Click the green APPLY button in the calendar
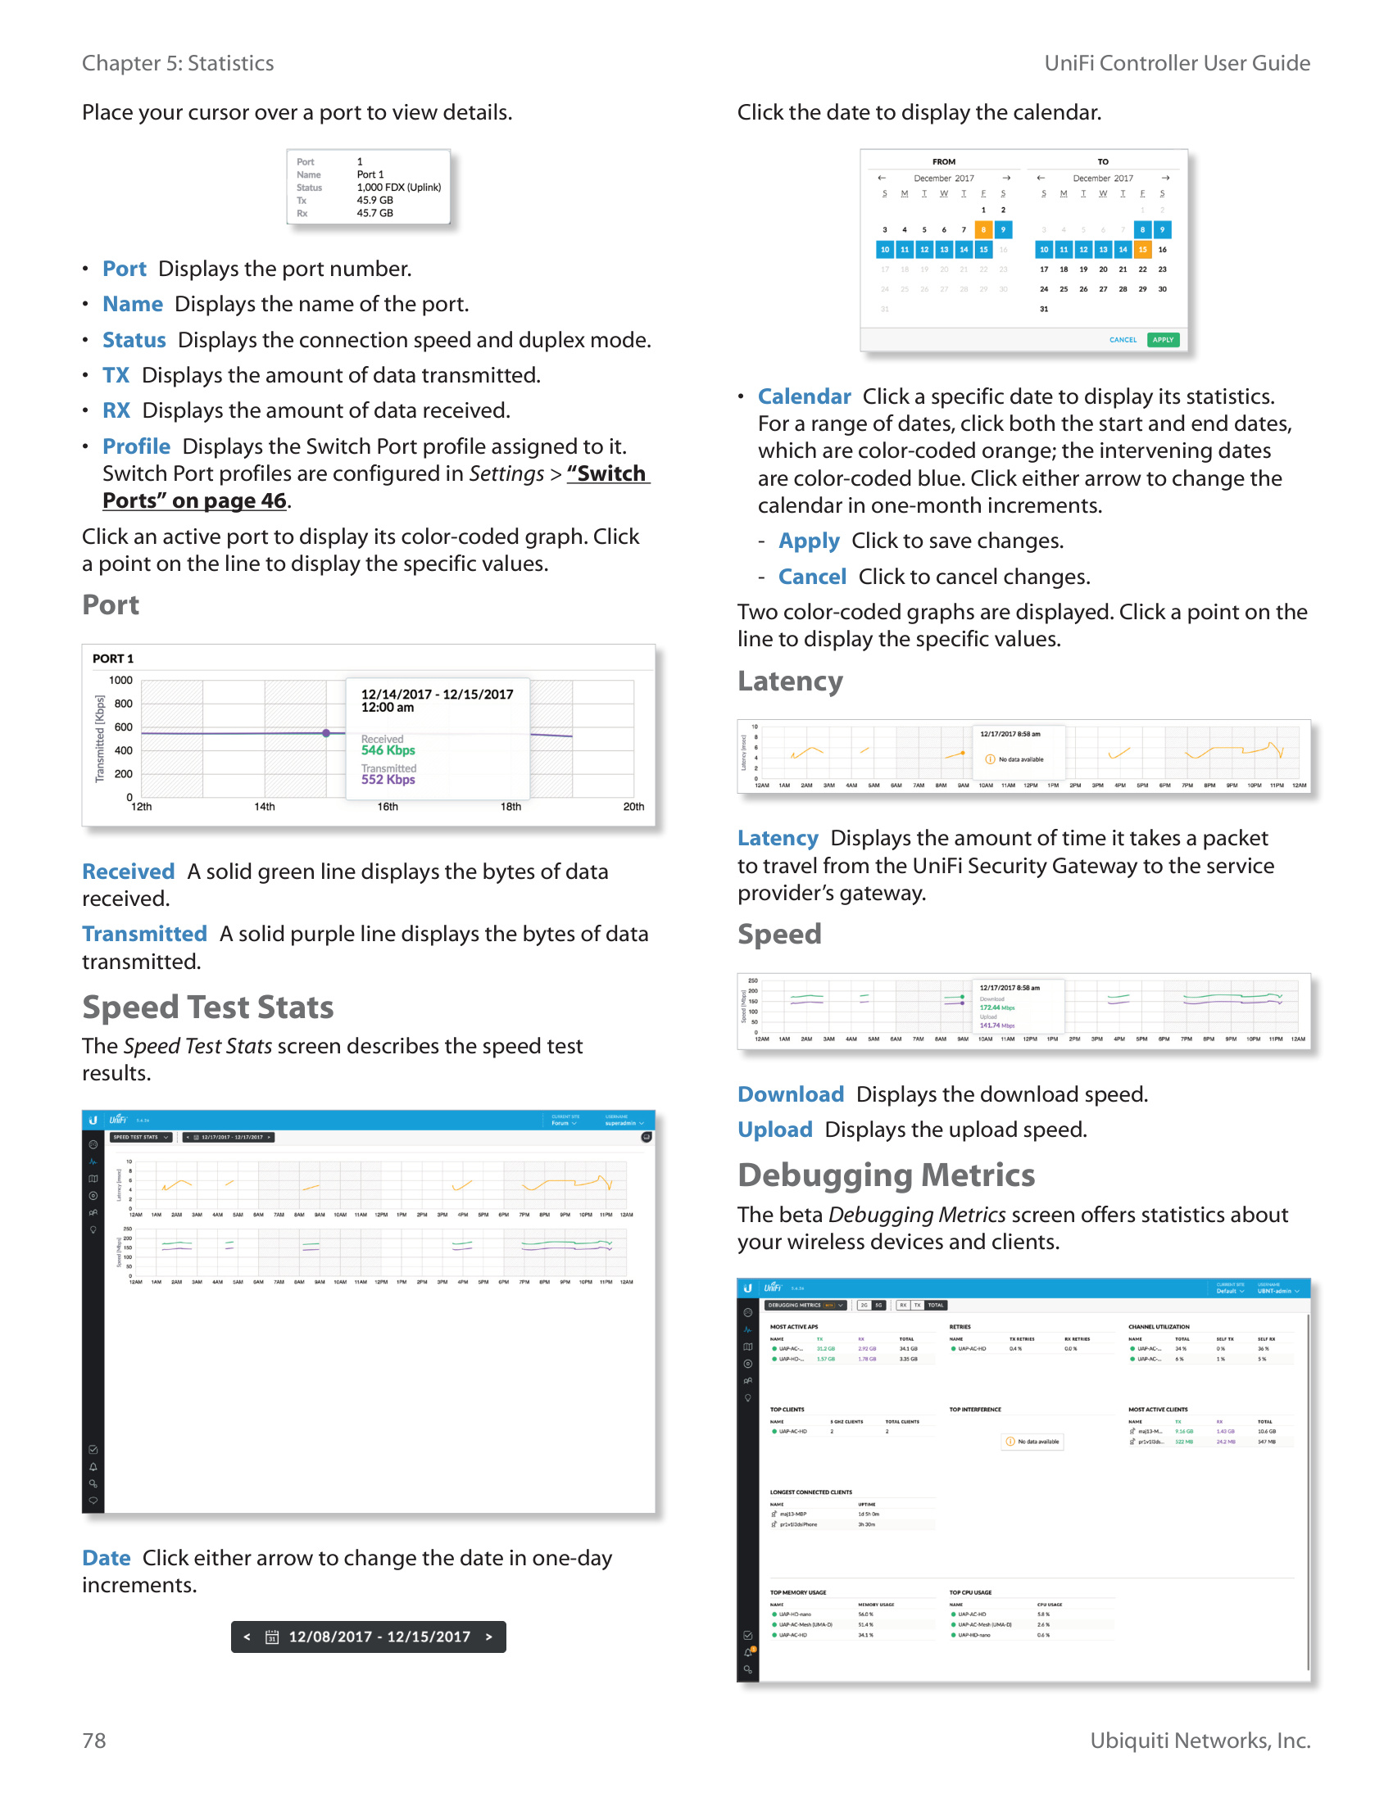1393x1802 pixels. click(x=1163, y=340)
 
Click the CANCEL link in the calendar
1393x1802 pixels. click(x=1123, y=340)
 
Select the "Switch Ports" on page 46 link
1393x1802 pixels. click(x=375, y=487)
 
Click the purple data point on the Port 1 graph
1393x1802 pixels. click(x=326, y=733)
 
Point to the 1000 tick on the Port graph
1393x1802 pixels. click(x=120, y=681)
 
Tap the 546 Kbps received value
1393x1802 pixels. click(x=388, y=750)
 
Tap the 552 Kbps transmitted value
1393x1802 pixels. click(x=388, y=780)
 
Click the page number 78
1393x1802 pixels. click(x=94, y=1740)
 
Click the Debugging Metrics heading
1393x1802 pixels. click(x=886, y=1175)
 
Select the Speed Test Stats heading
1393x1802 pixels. click(x=207, y=1007)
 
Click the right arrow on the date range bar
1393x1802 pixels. click(x=489, y=1637)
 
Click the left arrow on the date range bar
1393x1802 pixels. click(x=247, y=1637)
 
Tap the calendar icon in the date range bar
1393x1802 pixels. click(x=271, y=1637)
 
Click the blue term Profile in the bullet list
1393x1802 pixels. click(x=136, y=446)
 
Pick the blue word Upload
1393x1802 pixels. click(x=774, y=1130)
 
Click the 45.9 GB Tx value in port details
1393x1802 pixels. click(x=374, y=201)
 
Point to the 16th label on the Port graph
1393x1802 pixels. click(x=387, y=807)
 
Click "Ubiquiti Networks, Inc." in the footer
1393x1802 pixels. click(x=1200, y=1740)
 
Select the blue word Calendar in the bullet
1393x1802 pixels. click(x=804, y=397)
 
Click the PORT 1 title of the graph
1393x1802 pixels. click(x=113, y=659)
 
